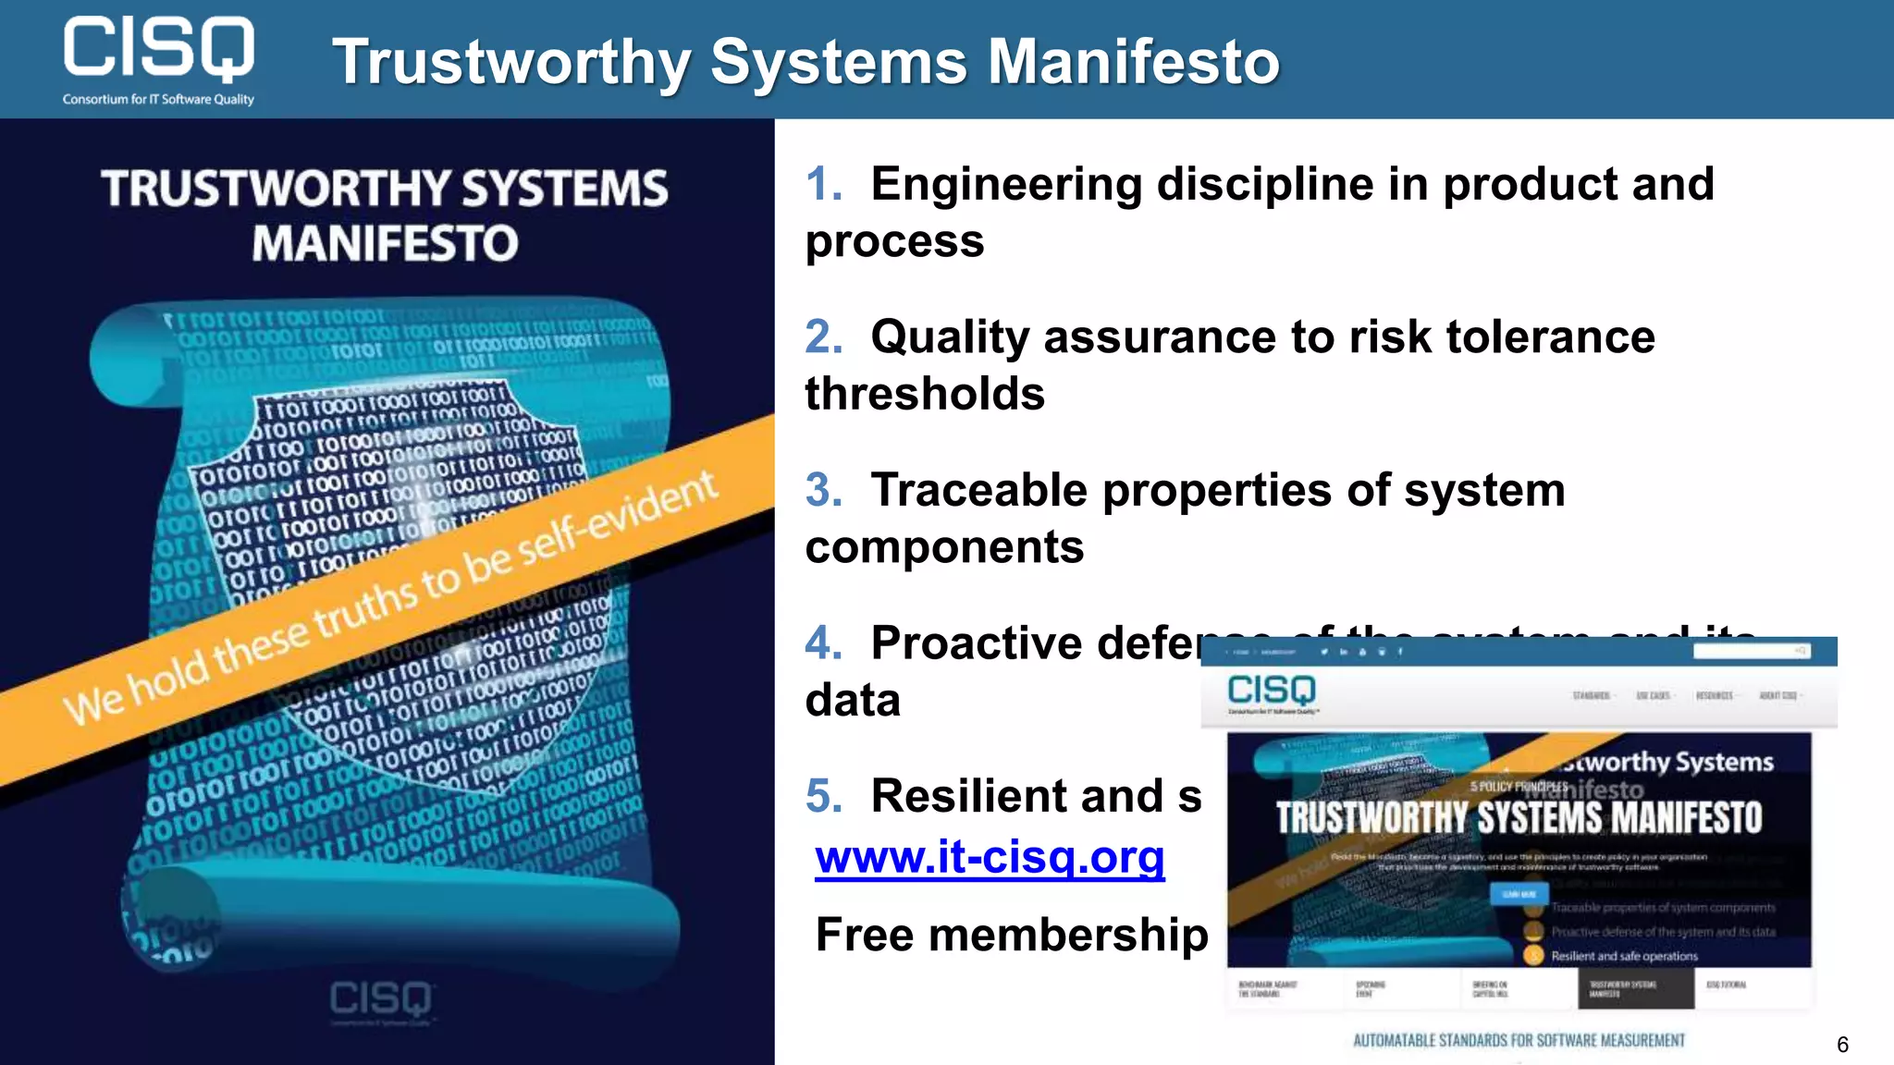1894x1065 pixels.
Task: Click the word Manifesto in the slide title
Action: [x=1134, y=62]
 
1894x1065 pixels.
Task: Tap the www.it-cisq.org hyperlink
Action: [x=990, y=856]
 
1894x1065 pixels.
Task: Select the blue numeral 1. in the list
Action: [x=823, y=183]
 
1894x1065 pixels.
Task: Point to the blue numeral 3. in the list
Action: [x=823, y=489]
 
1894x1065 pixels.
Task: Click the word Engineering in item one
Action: [x=1006, y=183]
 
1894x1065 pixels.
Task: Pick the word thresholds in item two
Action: [x=925, y=394]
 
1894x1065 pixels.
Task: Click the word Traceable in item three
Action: [x=979, y=489]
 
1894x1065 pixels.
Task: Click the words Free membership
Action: [x=1012, y=935]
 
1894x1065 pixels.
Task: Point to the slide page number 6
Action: [x=1842, y=1045]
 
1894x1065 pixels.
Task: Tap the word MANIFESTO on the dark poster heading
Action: [x=385, y=244]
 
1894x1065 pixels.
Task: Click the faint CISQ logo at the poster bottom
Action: [x=381, y=999]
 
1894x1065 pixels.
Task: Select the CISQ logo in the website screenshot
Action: [x=1271, y=691]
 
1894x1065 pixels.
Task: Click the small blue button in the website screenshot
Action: [x=1519, y=894]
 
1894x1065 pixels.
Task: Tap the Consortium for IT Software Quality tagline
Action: [x=158, y=99]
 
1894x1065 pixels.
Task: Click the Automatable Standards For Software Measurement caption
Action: [x=1519, y=1040]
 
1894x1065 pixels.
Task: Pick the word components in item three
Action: [x=944, y=547]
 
